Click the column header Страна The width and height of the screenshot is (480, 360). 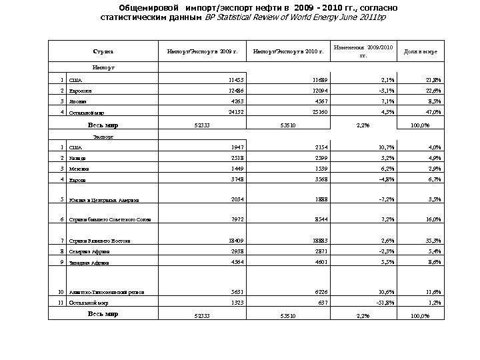[x=103, y=51]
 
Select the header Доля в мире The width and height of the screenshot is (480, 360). [x=416, y=51]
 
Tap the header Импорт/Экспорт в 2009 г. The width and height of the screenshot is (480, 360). [x=202, y=51]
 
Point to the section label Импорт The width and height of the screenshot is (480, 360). [x=103, y=67]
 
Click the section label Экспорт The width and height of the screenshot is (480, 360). [x=103, y=135]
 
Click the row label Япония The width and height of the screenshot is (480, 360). [x=79, y=102]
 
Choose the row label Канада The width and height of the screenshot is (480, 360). [x=79, y=158]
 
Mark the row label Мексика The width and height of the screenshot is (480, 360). [x=79, y=169]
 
